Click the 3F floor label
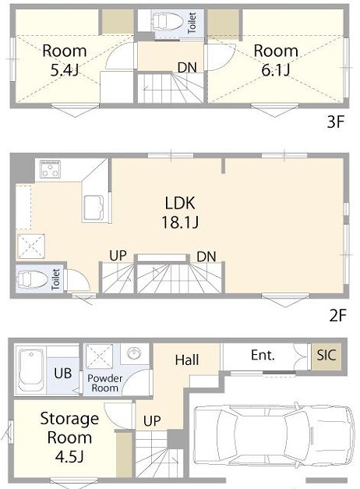pos(335,122)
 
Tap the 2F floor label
pos(338,316)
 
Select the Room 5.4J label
pos(64,60)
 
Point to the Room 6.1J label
pos(276,60)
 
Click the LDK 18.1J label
pos(180,213)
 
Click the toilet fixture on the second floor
pos(32,278)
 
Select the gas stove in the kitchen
pos(50,169)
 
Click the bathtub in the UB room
pos(30,370)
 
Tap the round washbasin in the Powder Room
pos(135,353)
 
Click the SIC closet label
pos(326,355)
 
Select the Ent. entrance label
pos(263,355)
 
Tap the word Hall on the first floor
pos(187,360)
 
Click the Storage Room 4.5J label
pos(69,438)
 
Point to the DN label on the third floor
pos(187,67)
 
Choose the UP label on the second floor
pos(118,256)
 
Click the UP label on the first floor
pos(152,421)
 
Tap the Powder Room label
pos(104,383)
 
